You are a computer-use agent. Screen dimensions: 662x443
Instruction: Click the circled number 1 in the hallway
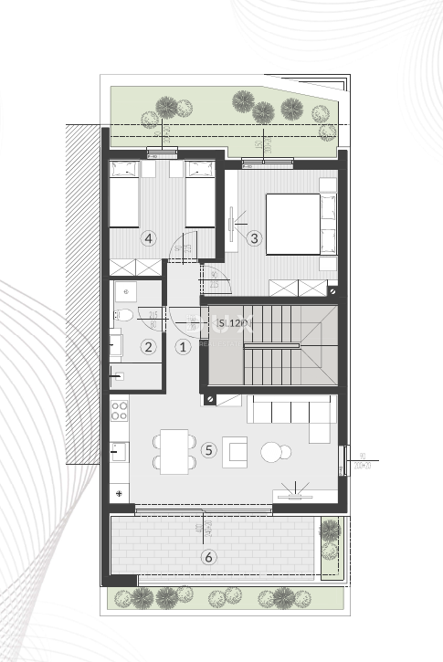point(183,346)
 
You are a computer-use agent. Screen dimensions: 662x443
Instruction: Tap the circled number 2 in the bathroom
point(147,346)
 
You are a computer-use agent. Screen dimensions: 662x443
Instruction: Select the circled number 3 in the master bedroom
point(254,238)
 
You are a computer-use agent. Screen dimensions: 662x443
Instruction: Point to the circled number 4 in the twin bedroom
point(149,238)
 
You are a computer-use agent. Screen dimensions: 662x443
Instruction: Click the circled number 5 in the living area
point(209,449)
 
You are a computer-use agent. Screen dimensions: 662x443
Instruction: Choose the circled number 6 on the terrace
point(209,556)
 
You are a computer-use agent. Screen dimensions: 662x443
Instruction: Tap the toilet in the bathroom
point(125,316)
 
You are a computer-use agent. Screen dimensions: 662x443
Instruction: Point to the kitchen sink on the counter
point(118,450)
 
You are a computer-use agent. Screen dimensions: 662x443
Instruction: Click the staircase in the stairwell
point(271,347)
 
